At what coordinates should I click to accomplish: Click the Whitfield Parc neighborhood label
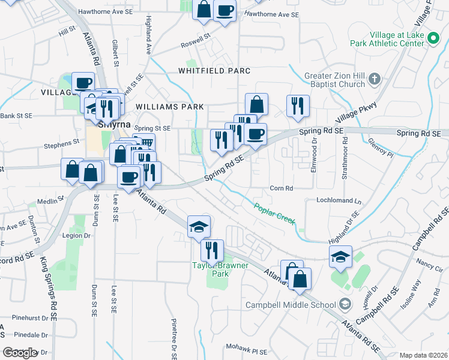214,71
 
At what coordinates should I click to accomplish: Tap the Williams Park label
170,107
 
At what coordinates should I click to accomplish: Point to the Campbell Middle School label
291,305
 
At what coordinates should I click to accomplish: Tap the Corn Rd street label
281,188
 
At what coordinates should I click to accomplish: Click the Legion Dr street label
76,236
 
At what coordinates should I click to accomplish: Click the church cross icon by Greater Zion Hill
375,79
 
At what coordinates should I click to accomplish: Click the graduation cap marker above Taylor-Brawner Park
199,226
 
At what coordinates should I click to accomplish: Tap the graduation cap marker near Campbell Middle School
340,257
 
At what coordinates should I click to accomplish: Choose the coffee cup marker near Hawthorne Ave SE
224,11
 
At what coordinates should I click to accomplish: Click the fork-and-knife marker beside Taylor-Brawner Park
212,250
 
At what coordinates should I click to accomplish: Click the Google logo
20,353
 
